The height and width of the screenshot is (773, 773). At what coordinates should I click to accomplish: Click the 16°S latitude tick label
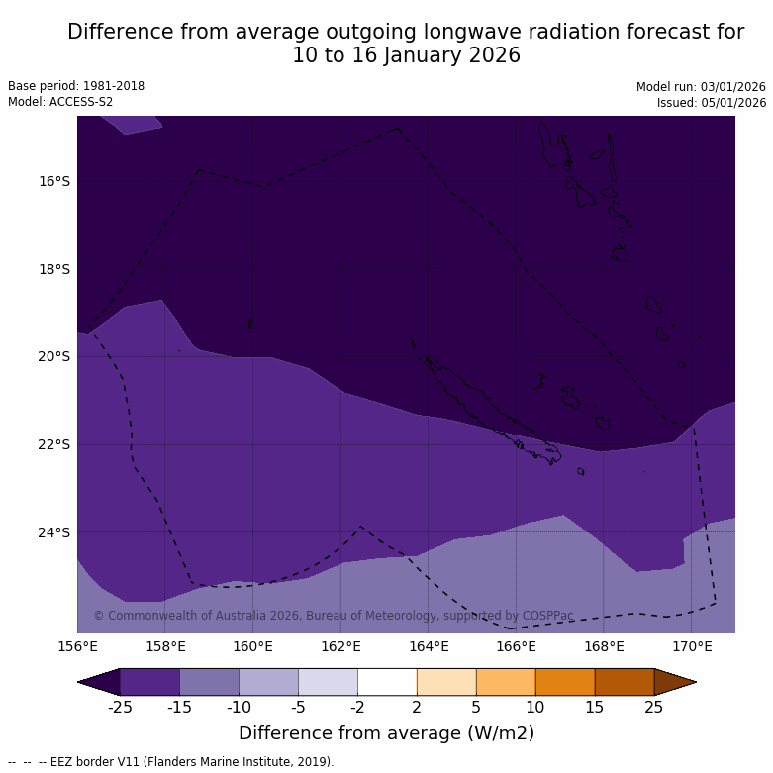(54, 181)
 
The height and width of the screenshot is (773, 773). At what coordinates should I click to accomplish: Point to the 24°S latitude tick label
(54, 532)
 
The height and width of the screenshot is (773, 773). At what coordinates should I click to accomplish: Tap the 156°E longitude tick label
(77, 647)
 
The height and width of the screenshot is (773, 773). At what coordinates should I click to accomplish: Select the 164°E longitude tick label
(429, 647)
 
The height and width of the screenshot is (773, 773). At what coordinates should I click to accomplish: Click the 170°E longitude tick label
(692, 647)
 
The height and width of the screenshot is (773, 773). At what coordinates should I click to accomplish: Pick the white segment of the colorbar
(387, 682)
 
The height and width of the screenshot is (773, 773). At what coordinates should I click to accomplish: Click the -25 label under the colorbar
(120, 707)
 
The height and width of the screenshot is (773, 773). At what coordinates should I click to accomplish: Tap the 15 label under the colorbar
(595, 707)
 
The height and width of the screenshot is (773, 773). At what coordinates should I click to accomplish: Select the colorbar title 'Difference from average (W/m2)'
(386, 733)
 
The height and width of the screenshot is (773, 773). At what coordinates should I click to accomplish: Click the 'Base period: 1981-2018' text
(76, 86)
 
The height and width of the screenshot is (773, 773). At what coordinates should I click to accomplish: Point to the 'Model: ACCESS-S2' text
(60, 102)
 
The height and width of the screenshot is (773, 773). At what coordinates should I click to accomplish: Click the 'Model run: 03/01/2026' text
(701, 87)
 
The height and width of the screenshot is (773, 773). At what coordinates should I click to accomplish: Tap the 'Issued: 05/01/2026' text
(712, 103)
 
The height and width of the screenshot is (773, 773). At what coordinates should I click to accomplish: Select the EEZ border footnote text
(171, 762)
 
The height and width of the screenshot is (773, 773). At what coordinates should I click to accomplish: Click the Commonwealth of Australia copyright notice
(334, 616)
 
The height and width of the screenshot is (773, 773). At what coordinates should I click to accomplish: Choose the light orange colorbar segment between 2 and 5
(446, 682)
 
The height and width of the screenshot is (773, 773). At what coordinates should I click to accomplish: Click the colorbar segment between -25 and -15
(149, 682)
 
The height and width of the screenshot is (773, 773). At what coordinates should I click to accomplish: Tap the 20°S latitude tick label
(54, 356)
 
